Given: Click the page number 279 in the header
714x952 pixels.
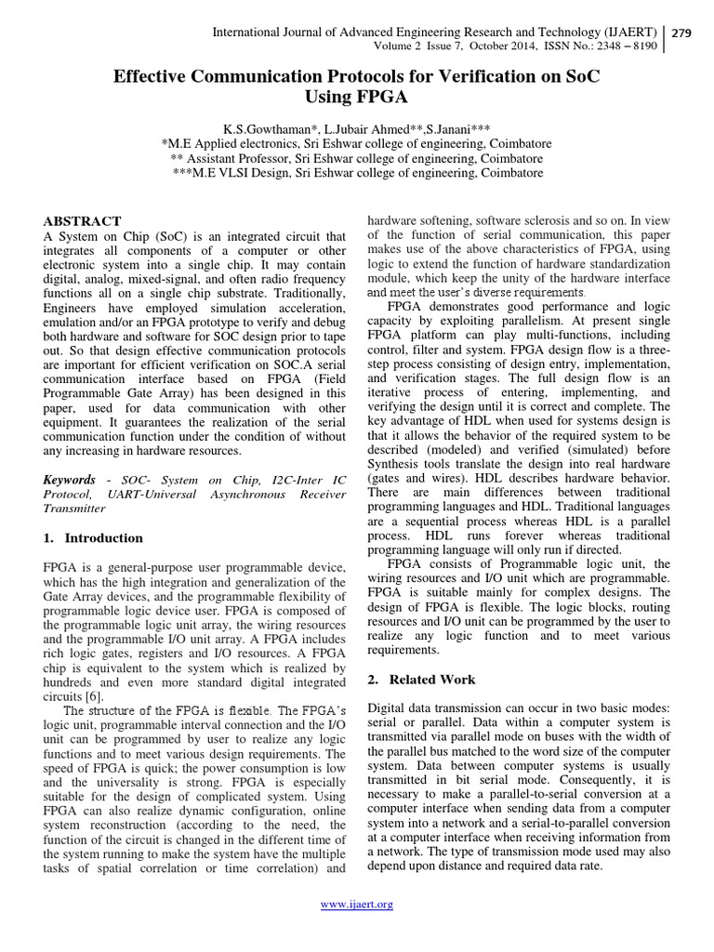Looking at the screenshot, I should pos(683,33).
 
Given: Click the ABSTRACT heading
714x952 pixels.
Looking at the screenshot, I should pos(83,221).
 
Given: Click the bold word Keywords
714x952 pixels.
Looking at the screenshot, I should pos(70,479).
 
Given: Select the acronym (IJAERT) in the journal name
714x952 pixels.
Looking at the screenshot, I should pos(628,33).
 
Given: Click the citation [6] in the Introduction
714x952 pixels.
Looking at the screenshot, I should pos(94,696).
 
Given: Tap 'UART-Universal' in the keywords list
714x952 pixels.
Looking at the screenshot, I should pos(152,494).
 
